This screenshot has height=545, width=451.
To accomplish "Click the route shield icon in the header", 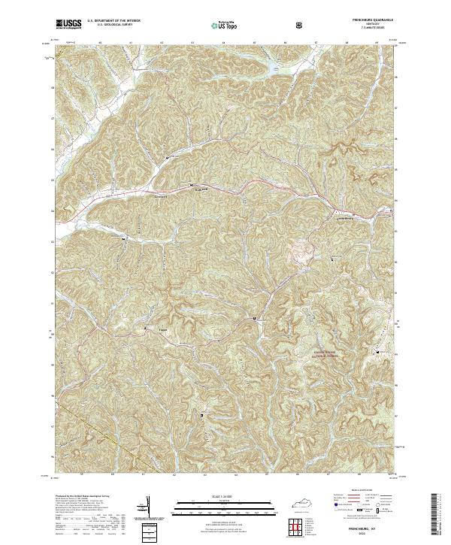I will click(x=301, y=26).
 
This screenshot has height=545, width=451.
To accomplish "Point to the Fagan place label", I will click(x=162, y=328).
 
